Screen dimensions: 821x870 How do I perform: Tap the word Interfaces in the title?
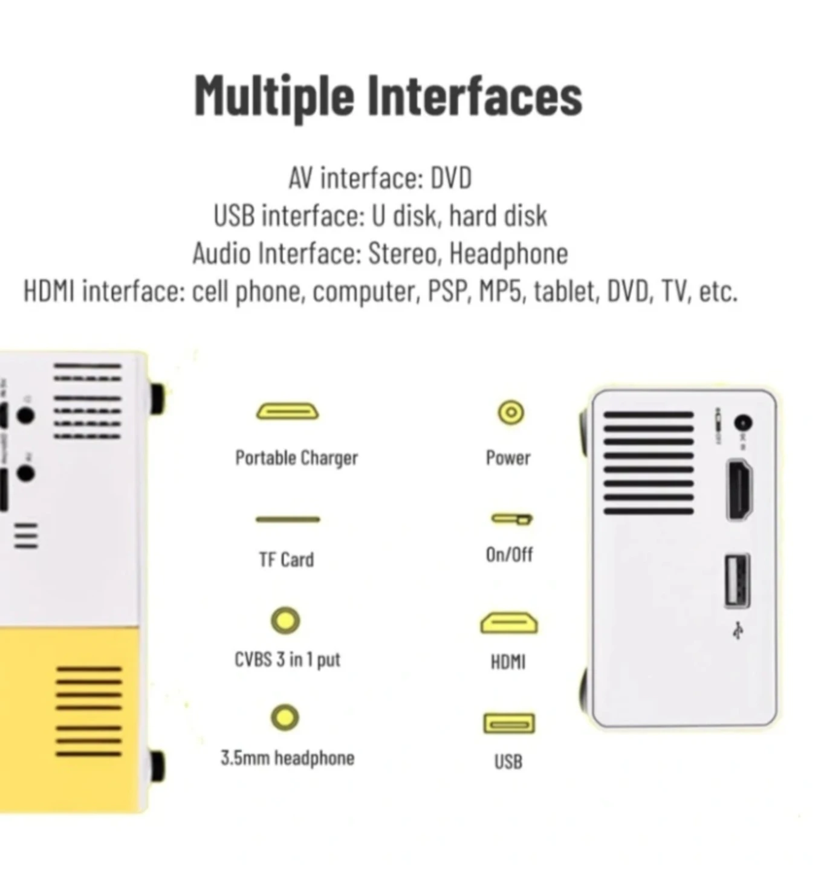[476, 95]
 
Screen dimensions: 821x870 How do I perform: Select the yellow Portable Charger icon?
[288, 411]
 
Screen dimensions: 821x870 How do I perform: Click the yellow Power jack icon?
[511, 412]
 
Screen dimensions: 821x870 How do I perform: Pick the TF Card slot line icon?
[288, 520]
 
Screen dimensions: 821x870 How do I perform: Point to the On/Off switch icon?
[512, 518]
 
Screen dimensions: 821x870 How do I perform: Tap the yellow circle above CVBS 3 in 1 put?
[285, 620]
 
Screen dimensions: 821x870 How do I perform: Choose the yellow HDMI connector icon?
[509, 623]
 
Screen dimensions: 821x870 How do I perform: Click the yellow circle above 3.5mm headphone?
[285, 718]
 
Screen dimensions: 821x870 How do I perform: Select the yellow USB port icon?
[509, 723]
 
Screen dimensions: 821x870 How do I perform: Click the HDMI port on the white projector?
[740, 489]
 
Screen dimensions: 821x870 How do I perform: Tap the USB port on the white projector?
[737, 581]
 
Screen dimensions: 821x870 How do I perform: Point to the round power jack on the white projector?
[743, 424]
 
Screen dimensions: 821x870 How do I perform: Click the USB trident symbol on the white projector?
[738, 630]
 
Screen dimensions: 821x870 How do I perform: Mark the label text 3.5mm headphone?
[288, 758]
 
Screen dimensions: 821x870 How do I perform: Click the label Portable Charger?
[296, 458]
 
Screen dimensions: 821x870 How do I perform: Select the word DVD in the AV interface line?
[451, 178]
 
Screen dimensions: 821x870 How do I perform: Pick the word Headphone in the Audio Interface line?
[508, 254]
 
